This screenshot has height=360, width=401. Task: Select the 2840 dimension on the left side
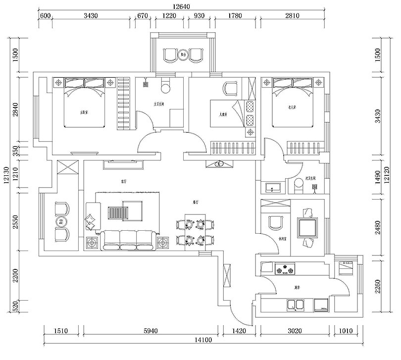[x=15, y=112]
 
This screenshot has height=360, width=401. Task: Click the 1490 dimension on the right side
[x=378, y=177]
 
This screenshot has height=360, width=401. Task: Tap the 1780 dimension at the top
[x=236, y=15]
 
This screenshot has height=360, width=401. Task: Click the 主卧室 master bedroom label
[x=84, y=112]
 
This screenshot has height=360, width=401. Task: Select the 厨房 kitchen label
[x=297, y=287]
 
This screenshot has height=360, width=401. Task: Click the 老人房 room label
[x=293, y=107]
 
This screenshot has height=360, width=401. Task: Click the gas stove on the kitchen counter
[x=285, y=270]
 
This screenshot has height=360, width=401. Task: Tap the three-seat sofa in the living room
[x=128, y=240]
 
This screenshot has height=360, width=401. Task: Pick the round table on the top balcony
[x=184, y=54]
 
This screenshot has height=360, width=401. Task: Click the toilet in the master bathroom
[x=166, y=86]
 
